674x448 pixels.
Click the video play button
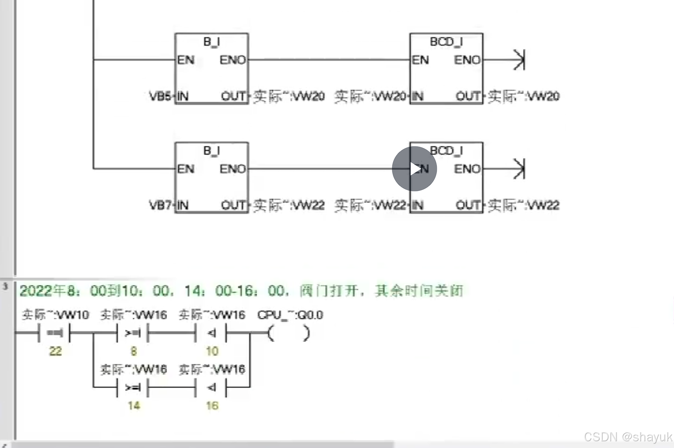pyautogui.click(x=414, y=169)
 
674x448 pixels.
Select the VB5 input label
pyautogui.click(x=160, y=96)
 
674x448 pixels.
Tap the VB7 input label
pyautogui.click(x=160, y=205)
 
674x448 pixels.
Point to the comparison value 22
pyautogui.click(x=55, y=351)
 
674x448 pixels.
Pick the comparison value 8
pyautogui.click(x=134, y=351)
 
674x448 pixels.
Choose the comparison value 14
pyautogui.click(x=134, y=406)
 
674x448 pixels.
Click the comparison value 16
pyautogui.click(x=212, y=406)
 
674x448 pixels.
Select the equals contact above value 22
pyautogui.click(x=55, y=333)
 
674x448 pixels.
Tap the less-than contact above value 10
pyautogui.click(x=211, y=333)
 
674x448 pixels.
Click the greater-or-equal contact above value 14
pyautogui.click(x=133, y=387)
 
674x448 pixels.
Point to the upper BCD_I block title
pyautogui.click(x=446, y=42)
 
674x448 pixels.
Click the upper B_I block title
pyautogui.click(x=211, y=42)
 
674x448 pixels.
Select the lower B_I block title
pyautogui.click(x=211, y=151)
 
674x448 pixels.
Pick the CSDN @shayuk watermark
pyautogui.click(x=628, y=437)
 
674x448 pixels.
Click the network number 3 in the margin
pyautogui.click(x=5, y=286)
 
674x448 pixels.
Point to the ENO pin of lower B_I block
pyautogui.click(x=233, y=169)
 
